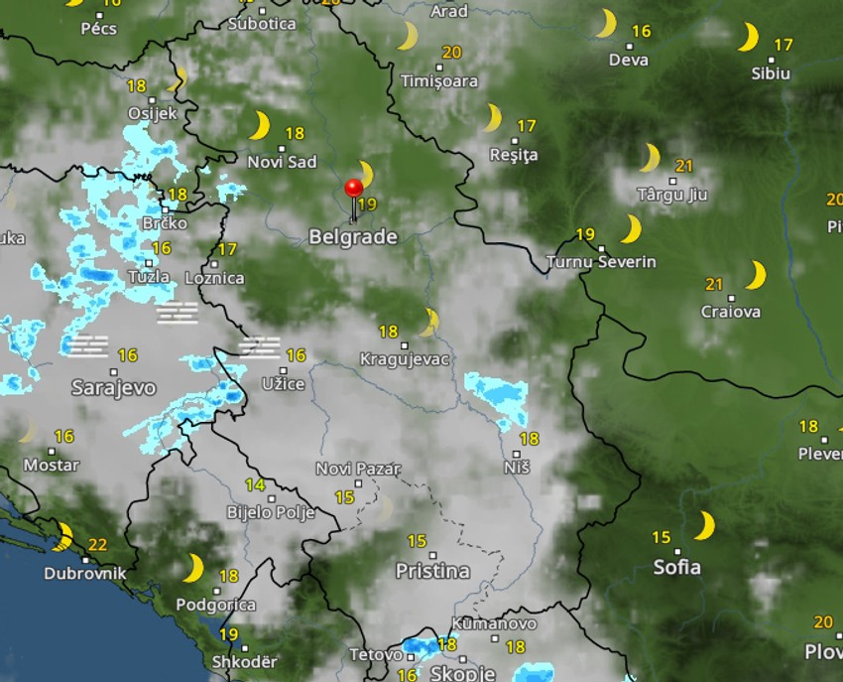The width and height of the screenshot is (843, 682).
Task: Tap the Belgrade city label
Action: coord(353,237)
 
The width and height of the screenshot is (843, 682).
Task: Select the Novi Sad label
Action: coord(282,162)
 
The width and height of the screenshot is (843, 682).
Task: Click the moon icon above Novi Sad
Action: coord(260,126)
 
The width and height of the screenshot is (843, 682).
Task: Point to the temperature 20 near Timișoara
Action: coord(451,53)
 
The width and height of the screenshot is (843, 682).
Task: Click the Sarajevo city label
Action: coord(113,387)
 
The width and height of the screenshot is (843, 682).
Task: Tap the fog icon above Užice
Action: coord(261,346)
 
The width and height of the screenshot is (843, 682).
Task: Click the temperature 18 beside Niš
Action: coord(530,438)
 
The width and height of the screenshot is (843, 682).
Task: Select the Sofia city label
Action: coord(677,568)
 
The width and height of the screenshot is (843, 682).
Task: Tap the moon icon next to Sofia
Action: coord(705,525)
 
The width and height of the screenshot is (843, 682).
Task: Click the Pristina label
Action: coord(432,571)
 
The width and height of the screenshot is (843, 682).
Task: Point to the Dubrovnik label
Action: coord(84,573)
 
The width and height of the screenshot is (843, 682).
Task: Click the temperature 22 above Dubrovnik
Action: coord(97,544)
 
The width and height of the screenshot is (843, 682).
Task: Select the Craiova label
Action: coord(731,312)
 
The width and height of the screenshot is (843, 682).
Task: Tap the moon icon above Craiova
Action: coord(756,275)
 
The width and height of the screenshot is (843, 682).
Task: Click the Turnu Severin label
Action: coord(601,262)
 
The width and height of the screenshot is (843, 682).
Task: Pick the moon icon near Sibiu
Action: coord(749,38)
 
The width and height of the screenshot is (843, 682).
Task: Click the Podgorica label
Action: coord(215,604)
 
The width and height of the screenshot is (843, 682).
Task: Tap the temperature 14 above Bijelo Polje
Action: coord(255,485)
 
